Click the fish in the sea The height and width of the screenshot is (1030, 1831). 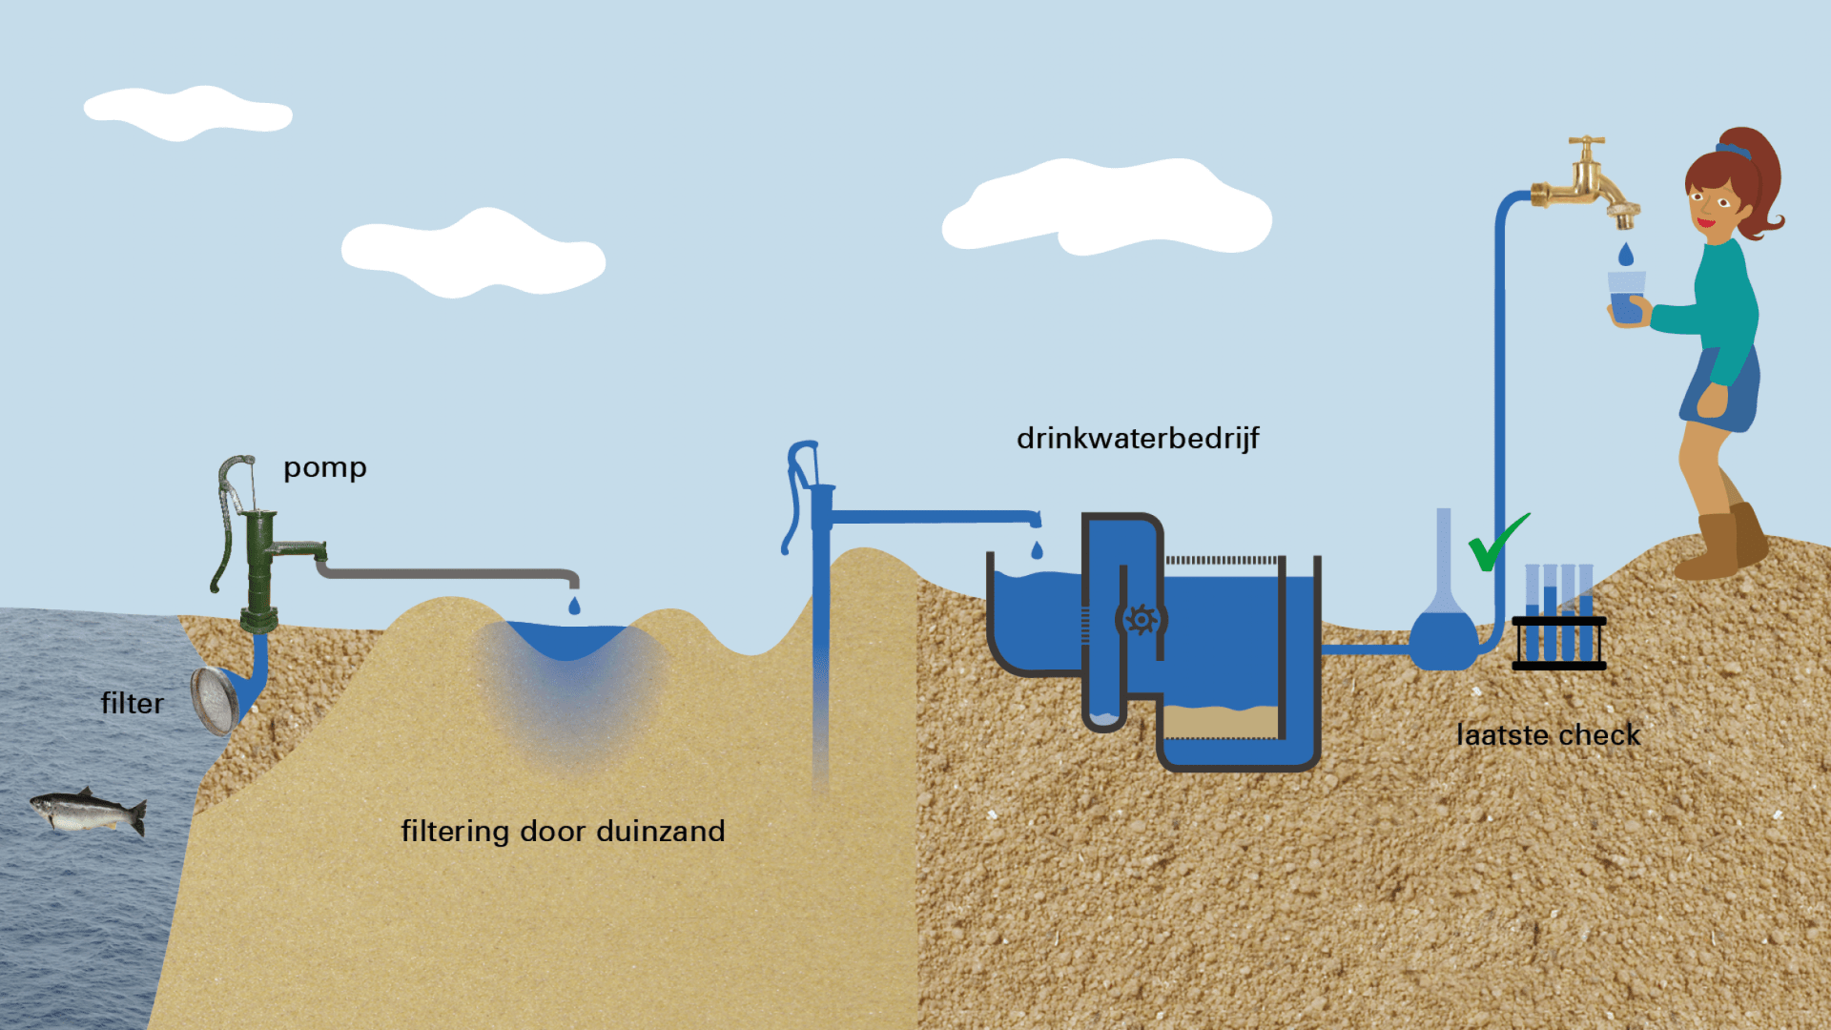pyautogui.click(x=88, y=812)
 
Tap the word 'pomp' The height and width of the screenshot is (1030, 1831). pyautogui.click(x=324, y=468)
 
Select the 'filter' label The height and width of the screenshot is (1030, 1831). pyautogui.click(x=133, y=704)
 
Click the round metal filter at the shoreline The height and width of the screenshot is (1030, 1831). pyautogui.click(x=215, y=700)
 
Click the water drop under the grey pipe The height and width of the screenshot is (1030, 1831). pyautogui.click(x=574, y=606)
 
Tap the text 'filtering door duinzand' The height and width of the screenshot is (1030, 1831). pyautogui.click(x=563, y=832)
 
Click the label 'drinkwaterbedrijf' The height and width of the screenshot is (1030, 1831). pyautogui.click(x=1138, y=439)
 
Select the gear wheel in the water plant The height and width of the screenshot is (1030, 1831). pyautogui.click(x=1141, y=620)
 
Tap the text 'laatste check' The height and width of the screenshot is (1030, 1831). pyautogui.click(x=1549, y=735)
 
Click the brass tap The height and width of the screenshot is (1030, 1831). pyautogui.click(x=1588, y=186)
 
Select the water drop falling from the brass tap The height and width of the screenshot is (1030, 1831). pyautogui.click(x=1626, y=255)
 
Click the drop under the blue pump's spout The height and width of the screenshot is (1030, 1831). pyautogui.click(x=1038, y=550)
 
